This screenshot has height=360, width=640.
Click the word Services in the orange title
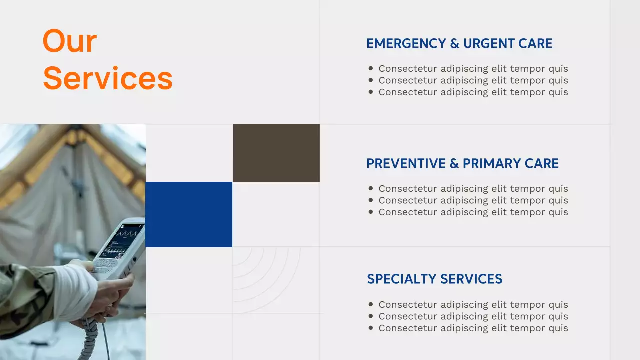point(108,79)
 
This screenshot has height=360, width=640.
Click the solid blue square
point(189,214)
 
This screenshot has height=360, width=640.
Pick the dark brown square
point(276,153)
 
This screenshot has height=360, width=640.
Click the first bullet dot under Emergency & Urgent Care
point(370,69)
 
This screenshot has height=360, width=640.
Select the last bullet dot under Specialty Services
point(370,328)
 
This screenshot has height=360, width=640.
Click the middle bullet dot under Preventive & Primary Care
point(370,200)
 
